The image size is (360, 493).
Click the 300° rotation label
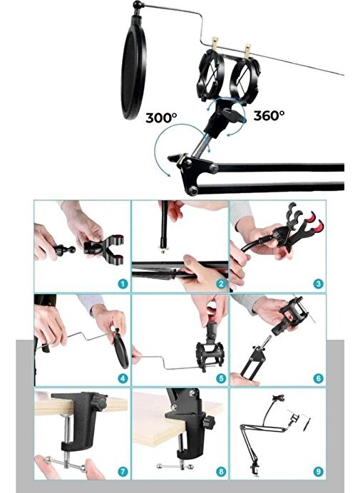161,118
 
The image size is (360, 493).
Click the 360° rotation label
269,115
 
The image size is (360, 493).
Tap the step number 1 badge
123,284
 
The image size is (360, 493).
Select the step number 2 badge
221,284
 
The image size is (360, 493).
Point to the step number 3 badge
318,284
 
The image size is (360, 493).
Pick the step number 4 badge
123,378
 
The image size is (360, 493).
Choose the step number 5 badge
221,378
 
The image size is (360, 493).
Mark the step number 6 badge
318,378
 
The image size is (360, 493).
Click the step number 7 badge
123,472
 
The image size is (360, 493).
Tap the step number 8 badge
221,472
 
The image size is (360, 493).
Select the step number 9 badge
318,472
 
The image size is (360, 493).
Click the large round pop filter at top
134,73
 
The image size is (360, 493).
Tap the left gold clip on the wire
215,43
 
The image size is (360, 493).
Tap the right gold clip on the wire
247,51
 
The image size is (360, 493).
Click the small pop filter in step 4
121,351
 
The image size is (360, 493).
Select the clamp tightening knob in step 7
99,403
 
